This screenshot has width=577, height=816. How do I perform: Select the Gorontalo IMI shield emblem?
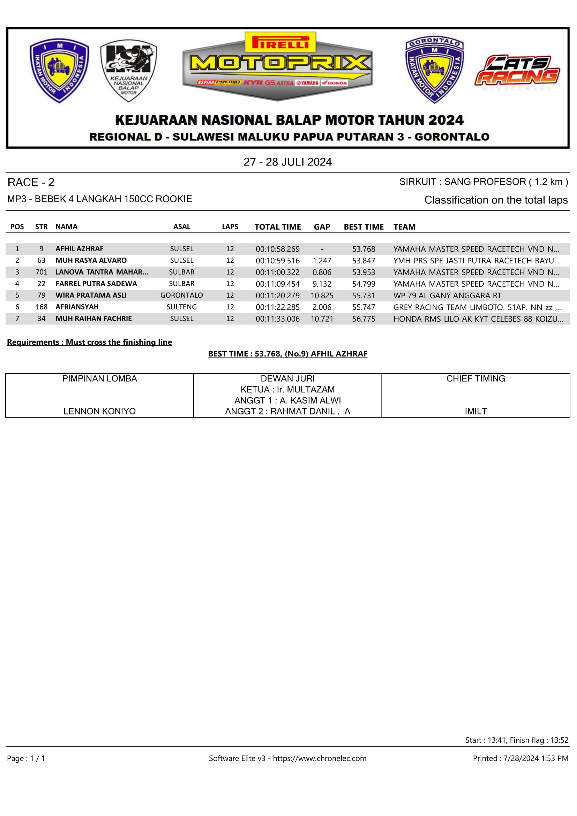point(434,70)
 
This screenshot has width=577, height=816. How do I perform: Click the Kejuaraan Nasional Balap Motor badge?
point(129,70)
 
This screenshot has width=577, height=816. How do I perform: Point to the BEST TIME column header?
point(364,227)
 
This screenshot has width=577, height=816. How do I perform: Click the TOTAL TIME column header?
point(277,227)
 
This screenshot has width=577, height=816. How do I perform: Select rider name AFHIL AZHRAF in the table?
point(80,249)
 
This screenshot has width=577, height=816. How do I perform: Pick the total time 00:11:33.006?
point(277,319)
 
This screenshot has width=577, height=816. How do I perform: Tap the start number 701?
point(41,272)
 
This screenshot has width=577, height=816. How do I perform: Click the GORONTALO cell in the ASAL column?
point(181,295)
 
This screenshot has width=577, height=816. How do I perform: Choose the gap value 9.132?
point(322,284)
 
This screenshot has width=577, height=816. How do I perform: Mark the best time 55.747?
point(364,307)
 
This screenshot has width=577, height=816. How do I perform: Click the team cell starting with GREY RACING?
point(478,307)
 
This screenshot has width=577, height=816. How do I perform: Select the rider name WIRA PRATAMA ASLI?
point(91,295)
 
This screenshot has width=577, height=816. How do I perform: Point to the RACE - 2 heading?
point(31,182)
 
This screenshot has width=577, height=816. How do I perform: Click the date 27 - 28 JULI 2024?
point(287,162)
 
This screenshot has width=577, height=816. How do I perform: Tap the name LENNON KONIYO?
point(99,411)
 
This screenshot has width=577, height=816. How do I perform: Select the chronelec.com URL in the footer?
point(320,758)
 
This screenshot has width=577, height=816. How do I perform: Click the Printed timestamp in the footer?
point(520,758)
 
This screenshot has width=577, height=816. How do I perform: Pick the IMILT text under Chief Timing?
point(476,411)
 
